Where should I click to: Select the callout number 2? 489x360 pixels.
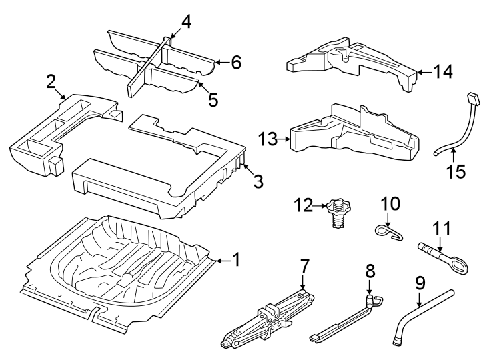pos(51,82)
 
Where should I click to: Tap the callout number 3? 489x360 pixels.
pos(258,181)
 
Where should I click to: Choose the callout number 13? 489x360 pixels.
pos(267,139)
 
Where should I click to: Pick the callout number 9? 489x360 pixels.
pos(420,283)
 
